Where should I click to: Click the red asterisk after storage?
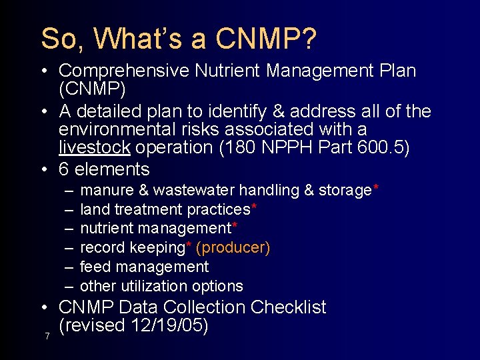[377, 187]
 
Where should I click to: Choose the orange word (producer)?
[233, 248]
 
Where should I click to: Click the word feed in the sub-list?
[93, 267]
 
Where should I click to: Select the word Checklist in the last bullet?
[289, 307]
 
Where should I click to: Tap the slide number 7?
[47, 336]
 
